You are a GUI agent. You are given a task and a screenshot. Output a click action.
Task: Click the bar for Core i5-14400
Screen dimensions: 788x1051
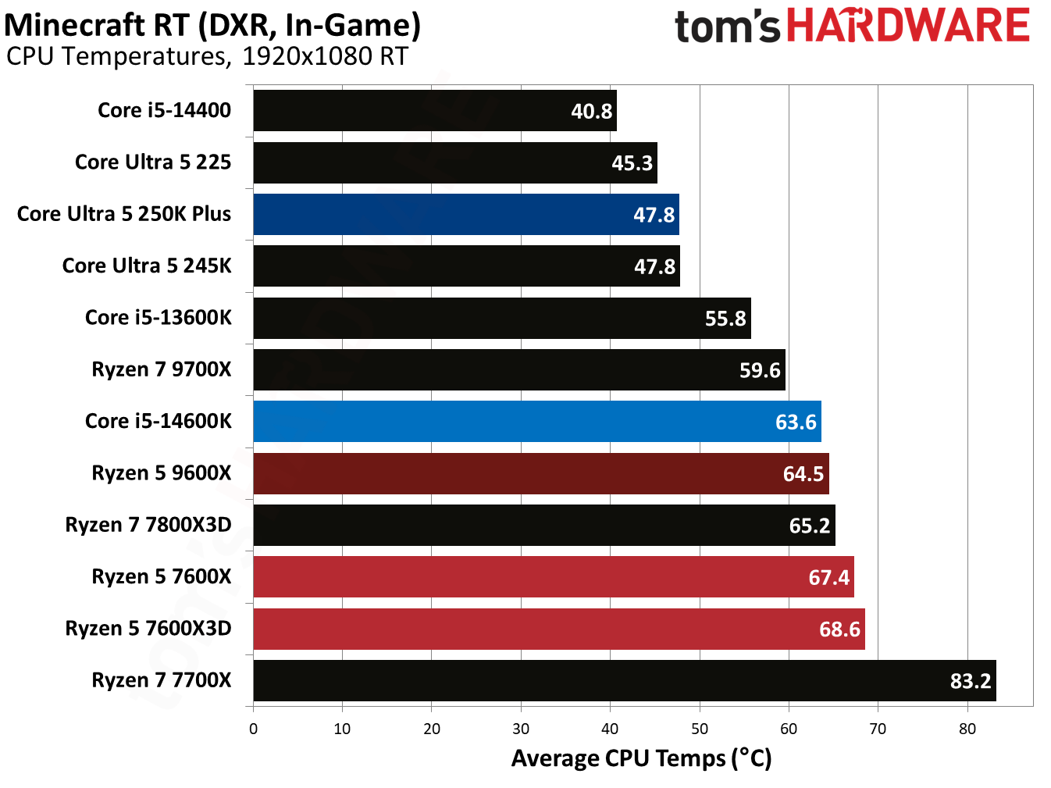pyautogui.click(x=434, y=111)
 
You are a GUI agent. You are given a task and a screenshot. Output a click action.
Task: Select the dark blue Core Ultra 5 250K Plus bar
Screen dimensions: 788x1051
pyautogui.click(x=465, y=215)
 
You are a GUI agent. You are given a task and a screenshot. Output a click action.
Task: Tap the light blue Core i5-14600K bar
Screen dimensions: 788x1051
pyautogui.click(x=536, y=422)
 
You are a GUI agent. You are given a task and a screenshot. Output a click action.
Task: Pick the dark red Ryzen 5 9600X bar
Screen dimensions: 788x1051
pyautogui.click(x=540, y=473)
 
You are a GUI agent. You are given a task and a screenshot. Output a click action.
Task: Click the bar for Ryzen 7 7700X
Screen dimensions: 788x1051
pyautogui.click(x=624, y=680)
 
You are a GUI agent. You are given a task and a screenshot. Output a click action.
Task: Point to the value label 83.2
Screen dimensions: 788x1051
pyautogui.click(x=970, y=681)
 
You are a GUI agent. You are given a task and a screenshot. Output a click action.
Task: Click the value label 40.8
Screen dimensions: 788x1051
pyautogui.click(x=591, y=112)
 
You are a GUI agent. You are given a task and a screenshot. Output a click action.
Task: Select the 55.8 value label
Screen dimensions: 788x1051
pyautogui.click(x=725, y=319)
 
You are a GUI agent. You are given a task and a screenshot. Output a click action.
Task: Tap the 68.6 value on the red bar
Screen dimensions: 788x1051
pyautogui.click(x=839, y=629)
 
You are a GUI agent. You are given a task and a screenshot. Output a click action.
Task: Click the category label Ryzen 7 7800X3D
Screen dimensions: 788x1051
pyautogui.click(x=148, y=525)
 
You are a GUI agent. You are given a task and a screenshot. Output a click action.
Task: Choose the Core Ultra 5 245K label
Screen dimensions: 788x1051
pyautogui.click(x=147, y=266)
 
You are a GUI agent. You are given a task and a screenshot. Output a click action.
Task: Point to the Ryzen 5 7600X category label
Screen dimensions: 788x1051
pyautogui.click(x=162, y=577)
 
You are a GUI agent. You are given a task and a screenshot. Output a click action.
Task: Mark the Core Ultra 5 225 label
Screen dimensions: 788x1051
pyautogui.click(x=153, y=162)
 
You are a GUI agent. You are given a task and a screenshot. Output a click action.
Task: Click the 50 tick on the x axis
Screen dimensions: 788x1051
pyautogui.click(x=699, y=729)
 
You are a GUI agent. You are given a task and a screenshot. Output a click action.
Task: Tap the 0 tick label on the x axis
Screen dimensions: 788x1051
pyautogui.click(x=253, y=729)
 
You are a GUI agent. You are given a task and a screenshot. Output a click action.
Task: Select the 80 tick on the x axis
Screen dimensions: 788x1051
pyautogui.click(x=967, y=729)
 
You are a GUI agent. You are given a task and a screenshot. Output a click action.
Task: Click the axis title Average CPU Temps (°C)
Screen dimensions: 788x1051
pyautogui.click(x=641, y=758)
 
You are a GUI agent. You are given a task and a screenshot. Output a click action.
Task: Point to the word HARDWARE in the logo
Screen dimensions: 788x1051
pyautogui.click(x=908, y=26)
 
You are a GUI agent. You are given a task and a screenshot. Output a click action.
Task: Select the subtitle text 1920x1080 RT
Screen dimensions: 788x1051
pyautogui.click(x=325, y=57)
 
